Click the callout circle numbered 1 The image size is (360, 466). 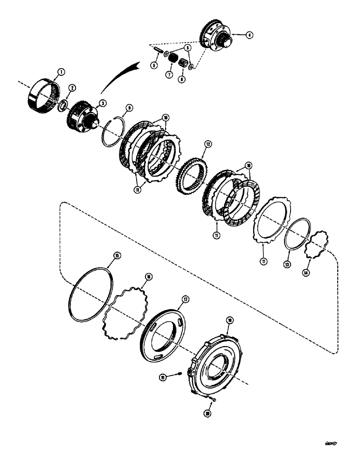[x=60, y=73]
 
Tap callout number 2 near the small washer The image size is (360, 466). [x=72, y=88]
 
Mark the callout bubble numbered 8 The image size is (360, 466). [x=181, y=79]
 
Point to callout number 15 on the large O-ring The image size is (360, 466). [x=117, y=255]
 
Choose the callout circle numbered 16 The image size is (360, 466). [x=149, y=276]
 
